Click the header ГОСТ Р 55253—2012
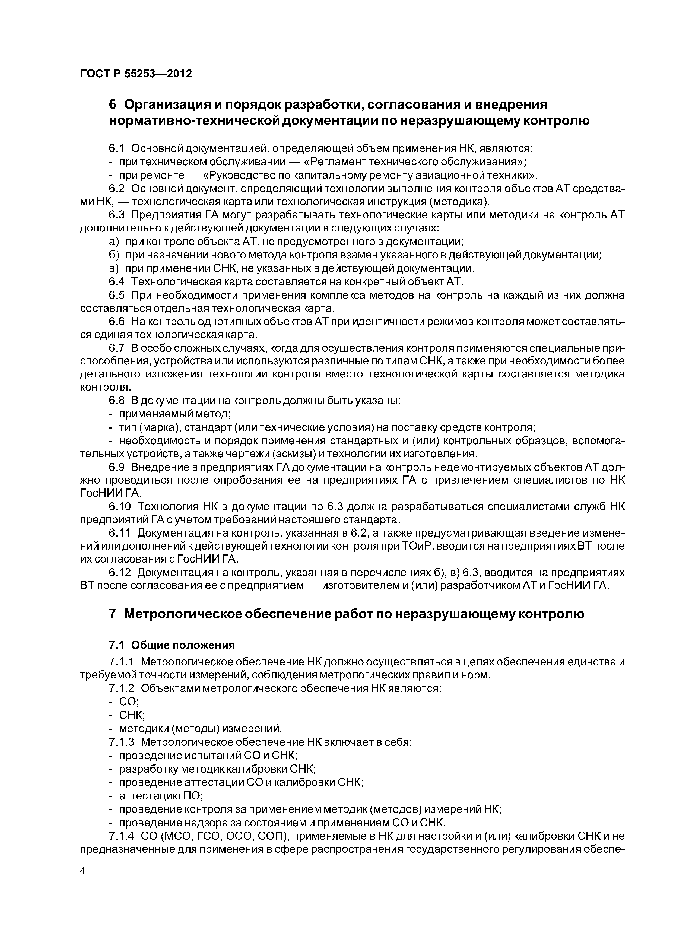point(136,74)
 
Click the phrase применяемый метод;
point(174,414)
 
